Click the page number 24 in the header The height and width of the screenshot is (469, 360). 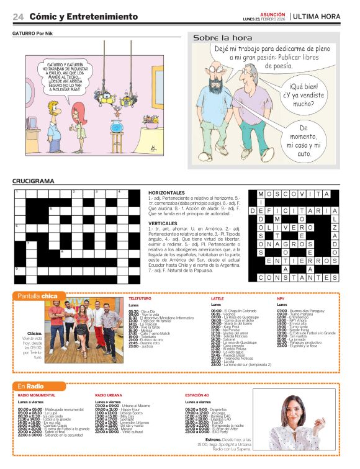point(18,16)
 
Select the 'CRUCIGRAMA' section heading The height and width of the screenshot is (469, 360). point(34,181)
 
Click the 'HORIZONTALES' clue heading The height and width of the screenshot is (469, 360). point(167,193)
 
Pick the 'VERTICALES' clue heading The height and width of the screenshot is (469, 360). point(163,223)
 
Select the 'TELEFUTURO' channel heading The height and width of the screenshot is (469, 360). point(140,298)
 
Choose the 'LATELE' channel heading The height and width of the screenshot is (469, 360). point(217,298)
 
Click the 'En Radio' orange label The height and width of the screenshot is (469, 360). point(30,386)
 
